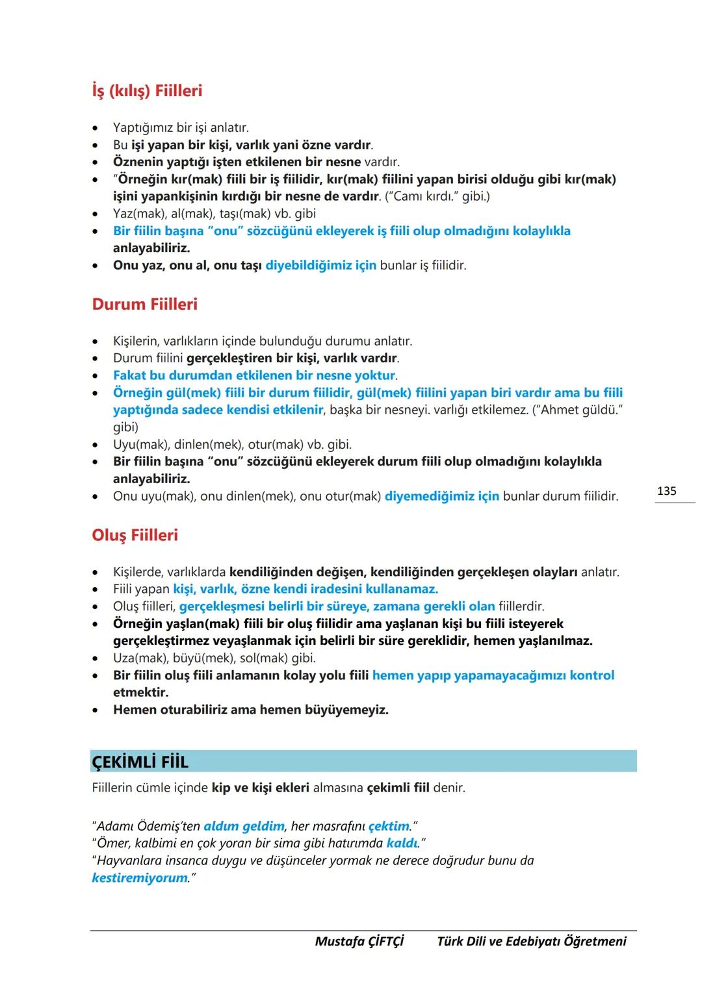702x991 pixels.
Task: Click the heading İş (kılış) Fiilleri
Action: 147,91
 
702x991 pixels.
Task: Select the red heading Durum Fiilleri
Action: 144,305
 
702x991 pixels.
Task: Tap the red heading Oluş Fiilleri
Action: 135,535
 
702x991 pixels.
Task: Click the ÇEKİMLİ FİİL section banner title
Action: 140,762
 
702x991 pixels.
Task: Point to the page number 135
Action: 666,491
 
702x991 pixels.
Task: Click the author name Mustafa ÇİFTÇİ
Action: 359,941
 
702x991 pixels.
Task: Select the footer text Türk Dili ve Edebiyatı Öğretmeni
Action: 531,941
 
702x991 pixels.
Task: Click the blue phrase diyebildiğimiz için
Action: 320,266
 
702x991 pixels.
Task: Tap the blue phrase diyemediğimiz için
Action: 442,496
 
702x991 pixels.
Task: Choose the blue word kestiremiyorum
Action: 140,878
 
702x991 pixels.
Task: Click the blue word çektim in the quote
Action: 389,826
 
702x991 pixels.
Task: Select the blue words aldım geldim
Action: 244,826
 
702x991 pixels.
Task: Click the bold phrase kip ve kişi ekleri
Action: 260,788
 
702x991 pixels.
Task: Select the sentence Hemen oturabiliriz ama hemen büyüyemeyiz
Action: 250,710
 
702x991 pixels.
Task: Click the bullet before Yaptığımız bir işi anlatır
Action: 96,128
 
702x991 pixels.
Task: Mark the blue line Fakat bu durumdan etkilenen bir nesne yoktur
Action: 254,375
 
